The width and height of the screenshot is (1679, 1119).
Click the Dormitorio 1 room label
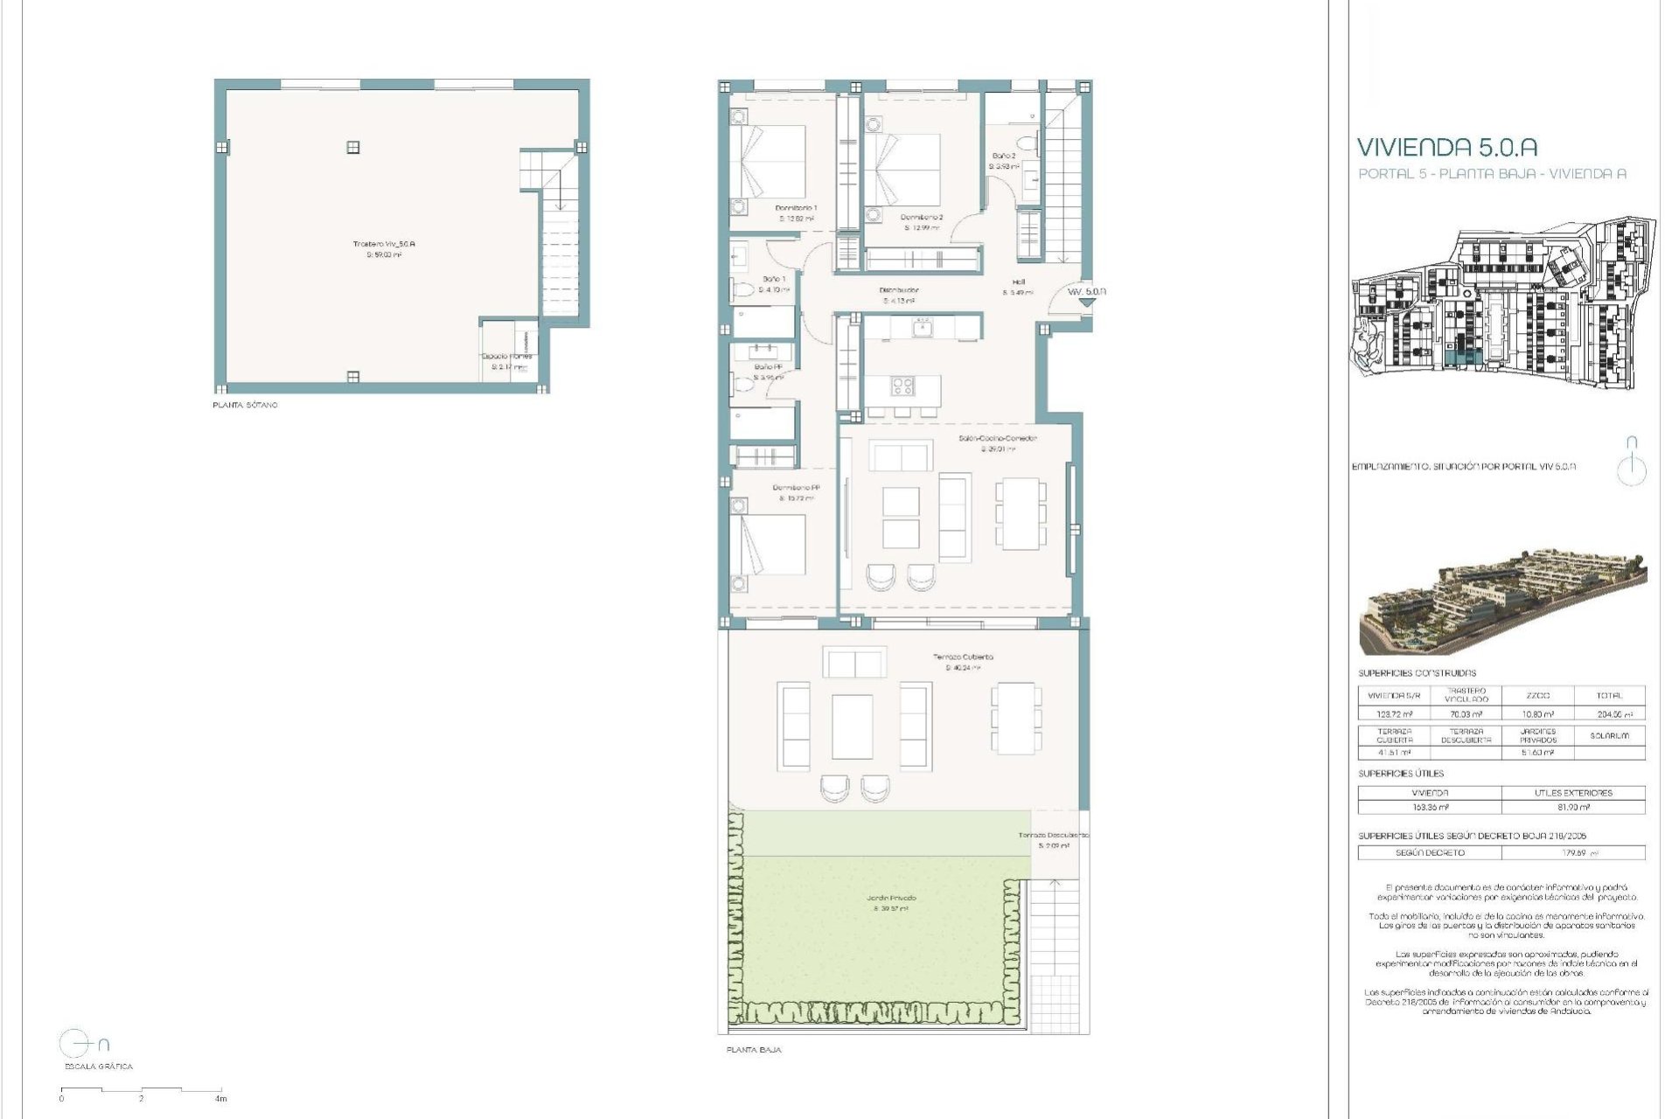point(796,208)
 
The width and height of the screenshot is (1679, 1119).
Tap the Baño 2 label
point(1002,156)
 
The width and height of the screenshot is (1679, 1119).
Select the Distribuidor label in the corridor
point(898,290)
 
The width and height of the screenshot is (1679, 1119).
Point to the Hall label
point(1019,282)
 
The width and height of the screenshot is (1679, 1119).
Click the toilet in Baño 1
point(742,289)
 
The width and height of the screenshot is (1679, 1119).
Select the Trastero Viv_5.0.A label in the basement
point(384,244)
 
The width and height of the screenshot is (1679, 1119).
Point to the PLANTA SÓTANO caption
point(245,406)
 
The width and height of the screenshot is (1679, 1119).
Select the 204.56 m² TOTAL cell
point(1608,714)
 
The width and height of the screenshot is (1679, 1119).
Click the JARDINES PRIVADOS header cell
point(1537,735)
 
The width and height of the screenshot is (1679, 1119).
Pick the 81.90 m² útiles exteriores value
point(1572,807)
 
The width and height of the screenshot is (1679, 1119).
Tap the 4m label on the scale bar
point(221,1098)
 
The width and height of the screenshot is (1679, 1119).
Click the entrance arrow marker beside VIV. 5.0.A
point(1085,302)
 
